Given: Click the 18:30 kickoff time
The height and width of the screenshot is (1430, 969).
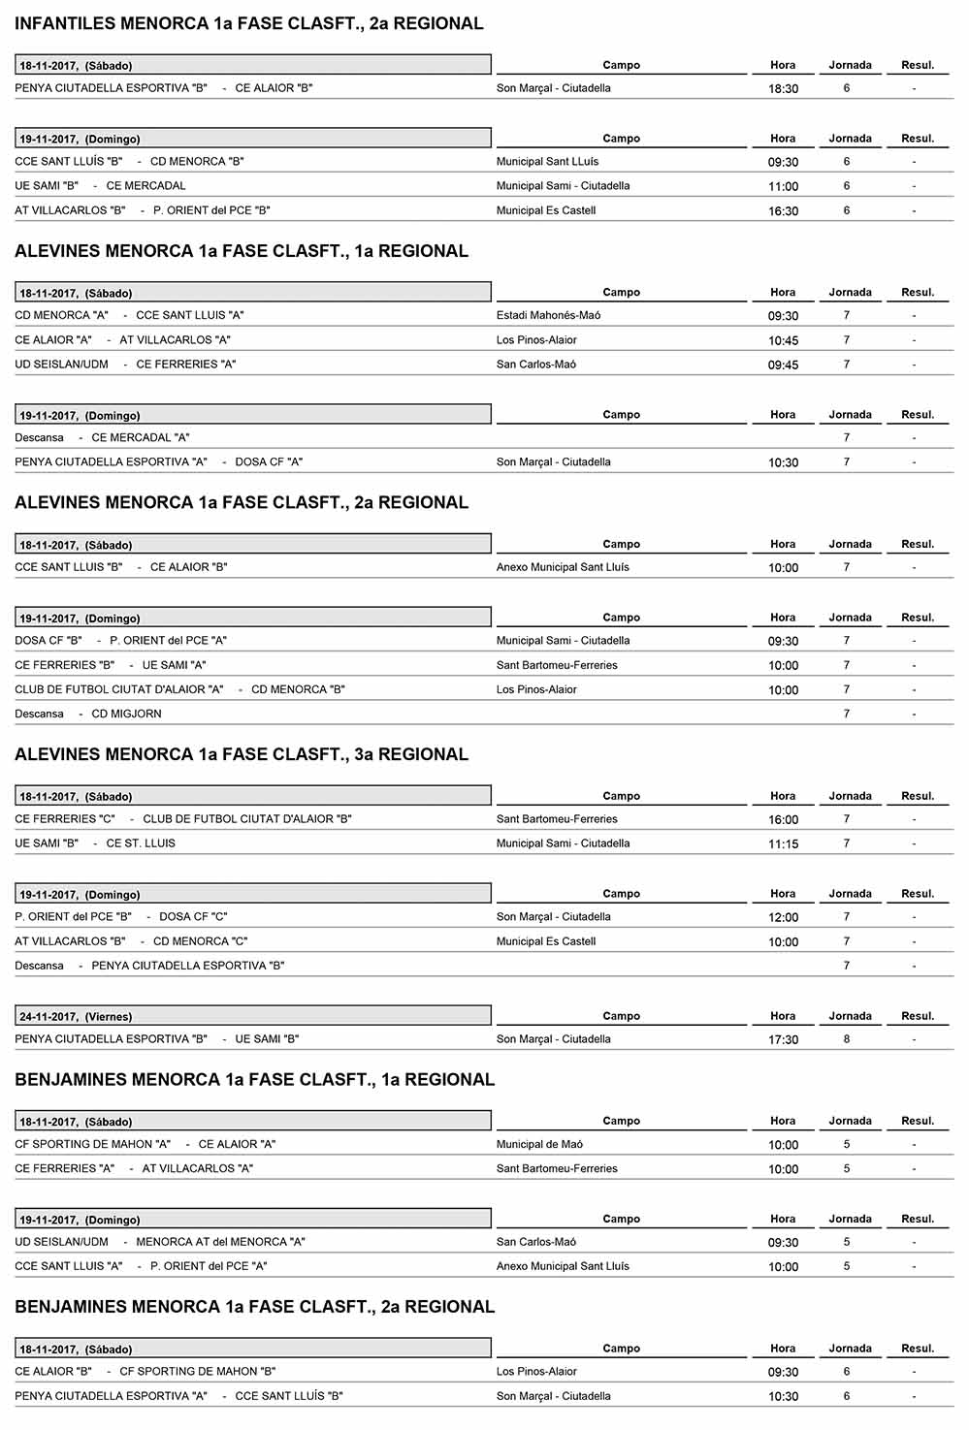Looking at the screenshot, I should click(783, 89).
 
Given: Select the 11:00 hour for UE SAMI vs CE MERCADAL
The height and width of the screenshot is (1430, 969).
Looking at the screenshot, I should click(783, 187).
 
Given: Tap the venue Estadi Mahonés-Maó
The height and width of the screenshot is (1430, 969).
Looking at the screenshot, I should click(548, 315).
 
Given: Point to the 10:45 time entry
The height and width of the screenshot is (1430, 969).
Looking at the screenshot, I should click(783, 341).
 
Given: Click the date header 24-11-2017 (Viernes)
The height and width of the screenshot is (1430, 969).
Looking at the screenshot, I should click(76, 1017).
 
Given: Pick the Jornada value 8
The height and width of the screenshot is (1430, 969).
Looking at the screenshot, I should click(847, 1039).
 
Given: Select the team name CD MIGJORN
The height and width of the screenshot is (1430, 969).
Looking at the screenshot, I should click(126, 714).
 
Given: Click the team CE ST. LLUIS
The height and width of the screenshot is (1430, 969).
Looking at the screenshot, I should click(141, 843).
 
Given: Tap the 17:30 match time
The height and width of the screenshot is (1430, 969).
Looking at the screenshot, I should click(783, 1040).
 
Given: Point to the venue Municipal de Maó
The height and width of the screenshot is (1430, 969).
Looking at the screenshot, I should click(539, 1145).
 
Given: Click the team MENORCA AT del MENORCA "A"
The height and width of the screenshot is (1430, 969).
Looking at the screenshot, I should click(220, 1242).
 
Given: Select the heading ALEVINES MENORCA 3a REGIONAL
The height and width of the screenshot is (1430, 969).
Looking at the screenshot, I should click(242, 754).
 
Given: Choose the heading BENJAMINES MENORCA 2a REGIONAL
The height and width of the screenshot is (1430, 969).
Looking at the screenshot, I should click(254, 1307).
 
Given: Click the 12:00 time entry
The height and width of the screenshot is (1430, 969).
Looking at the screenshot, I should click(783, 918).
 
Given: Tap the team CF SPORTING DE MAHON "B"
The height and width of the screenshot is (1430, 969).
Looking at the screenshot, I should click(198, 1372).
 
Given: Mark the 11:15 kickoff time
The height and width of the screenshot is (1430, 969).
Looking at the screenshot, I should click(783, 844).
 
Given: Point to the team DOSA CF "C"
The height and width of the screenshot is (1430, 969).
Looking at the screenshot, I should click(193, 917).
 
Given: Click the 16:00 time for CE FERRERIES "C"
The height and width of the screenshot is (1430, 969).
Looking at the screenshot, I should click(783, 820).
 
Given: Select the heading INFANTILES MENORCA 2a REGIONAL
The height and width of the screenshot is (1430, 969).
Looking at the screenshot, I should click(248, 23).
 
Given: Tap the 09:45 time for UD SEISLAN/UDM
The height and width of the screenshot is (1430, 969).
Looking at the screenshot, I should click(783, 365).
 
